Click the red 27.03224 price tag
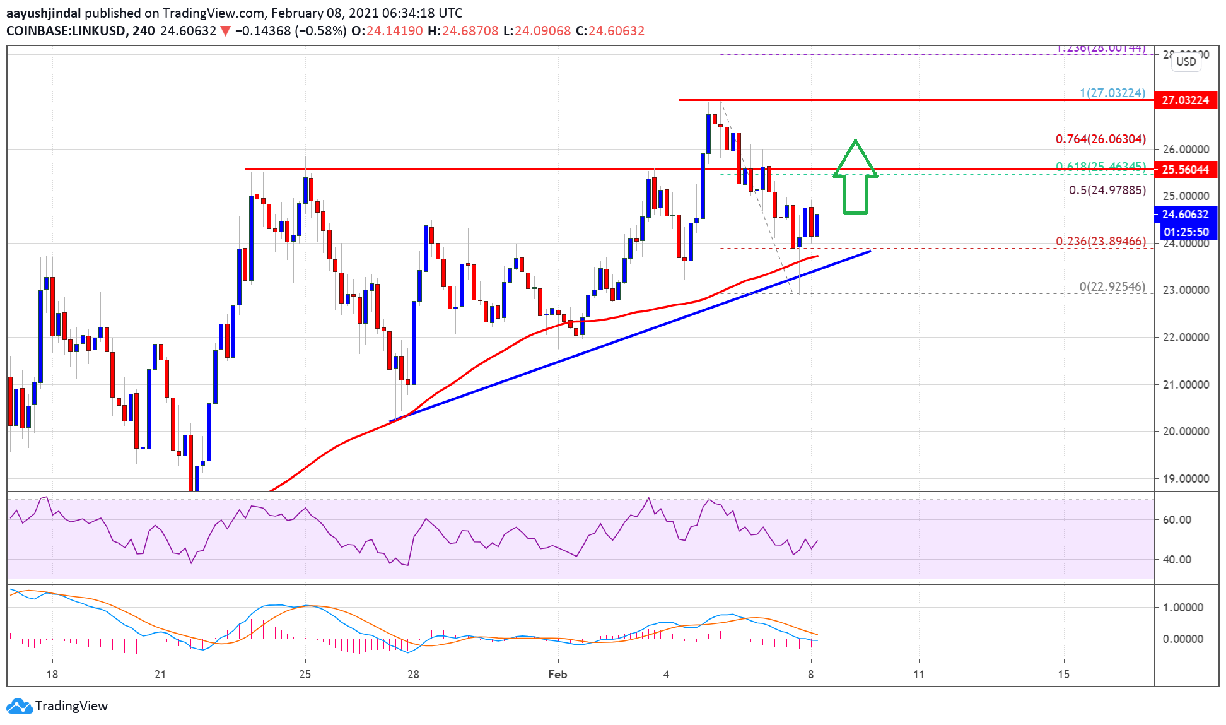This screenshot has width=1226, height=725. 1185,100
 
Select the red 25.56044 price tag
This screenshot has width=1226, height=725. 1185,169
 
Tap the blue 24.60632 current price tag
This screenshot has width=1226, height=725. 1185,215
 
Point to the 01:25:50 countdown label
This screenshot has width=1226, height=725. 1185,232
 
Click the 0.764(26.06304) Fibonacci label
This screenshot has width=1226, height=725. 1100,139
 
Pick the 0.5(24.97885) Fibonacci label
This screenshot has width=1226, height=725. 1107,190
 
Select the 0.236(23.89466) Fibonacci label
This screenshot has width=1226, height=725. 1100,241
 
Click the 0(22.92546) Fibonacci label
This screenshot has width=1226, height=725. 1112,286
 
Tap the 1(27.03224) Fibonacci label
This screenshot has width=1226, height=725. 1112,93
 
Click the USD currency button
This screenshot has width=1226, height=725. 1186,61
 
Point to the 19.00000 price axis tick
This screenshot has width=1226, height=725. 1186,478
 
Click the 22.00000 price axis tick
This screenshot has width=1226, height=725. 1186,337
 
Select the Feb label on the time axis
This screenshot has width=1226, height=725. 558,675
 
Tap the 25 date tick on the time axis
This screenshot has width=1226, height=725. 305,675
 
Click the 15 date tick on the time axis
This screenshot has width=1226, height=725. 1063,675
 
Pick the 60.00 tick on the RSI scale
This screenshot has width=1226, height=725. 1177,519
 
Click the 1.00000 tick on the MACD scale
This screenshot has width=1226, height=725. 1182,607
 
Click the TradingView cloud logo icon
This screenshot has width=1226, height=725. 19,705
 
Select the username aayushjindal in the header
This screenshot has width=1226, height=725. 44,13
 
